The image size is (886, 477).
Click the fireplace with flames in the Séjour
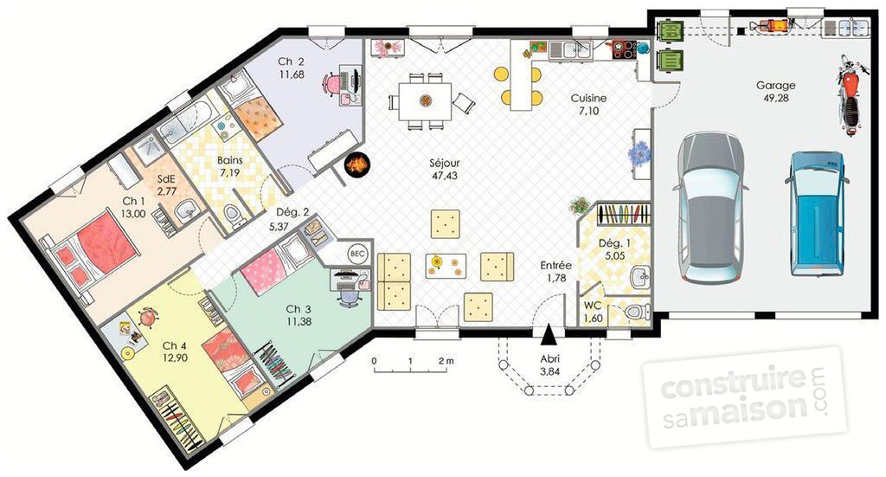[357, 164]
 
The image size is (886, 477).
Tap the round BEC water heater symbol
[357, 255]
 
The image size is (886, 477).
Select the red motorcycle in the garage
[849, 94]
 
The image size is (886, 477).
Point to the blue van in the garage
[817, 214]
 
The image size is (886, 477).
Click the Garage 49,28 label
[776, 92]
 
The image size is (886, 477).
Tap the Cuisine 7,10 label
[588, 105]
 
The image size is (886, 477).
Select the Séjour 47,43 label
[444, 170]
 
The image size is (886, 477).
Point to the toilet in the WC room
[637, 312]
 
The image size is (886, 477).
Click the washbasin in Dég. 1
[639, 277]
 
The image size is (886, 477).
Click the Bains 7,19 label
[229, 167]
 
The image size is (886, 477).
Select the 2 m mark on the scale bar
[446, 360]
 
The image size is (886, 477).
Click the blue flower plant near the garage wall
[639, 152]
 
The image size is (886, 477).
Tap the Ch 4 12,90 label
[175, 351]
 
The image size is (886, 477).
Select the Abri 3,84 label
[549, 365]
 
